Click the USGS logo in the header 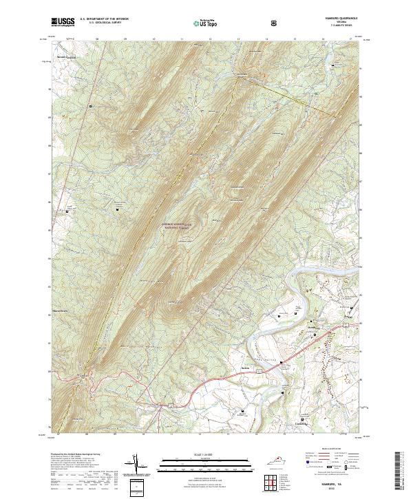coord(63,22)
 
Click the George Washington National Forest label coord(175,225)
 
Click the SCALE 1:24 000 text coord(197,455)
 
